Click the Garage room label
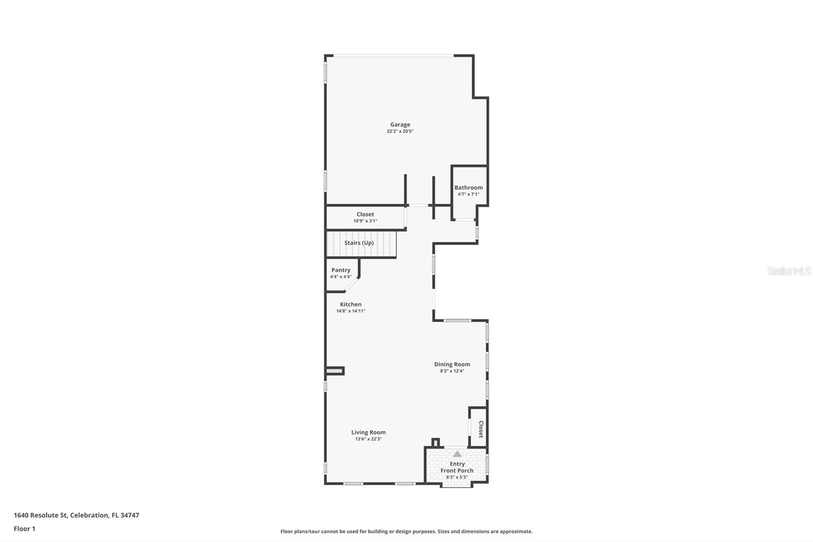click(x=400, y=125)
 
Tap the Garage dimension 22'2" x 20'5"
click(x=400, y=131)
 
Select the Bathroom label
click(x=468, y=188)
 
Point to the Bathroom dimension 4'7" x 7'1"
click(x=468, y=194)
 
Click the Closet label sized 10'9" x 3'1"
click(x=365, y=215)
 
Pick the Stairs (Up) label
click(x=359, y=243)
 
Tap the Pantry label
click(x=340, y=270)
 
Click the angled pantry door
click(x=351, y=285)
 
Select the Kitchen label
click(x=351, y=305)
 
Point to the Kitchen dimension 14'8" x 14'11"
click(x=351, y=311)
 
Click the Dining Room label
click(x=452, y=365)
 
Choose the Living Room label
click(x=368, y=433)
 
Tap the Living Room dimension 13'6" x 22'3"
click(x=368, y=439)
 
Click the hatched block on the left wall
click(x=335, y=371)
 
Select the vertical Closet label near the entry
click(x=481, y=429)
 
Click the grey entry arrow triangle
click(x=457, y=454)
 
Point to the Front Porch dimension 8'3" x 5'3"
click(x=457, y=477)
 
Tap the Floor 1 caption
click(x=24, y=529)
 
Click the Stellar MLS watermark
click(x=789, y=272)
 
